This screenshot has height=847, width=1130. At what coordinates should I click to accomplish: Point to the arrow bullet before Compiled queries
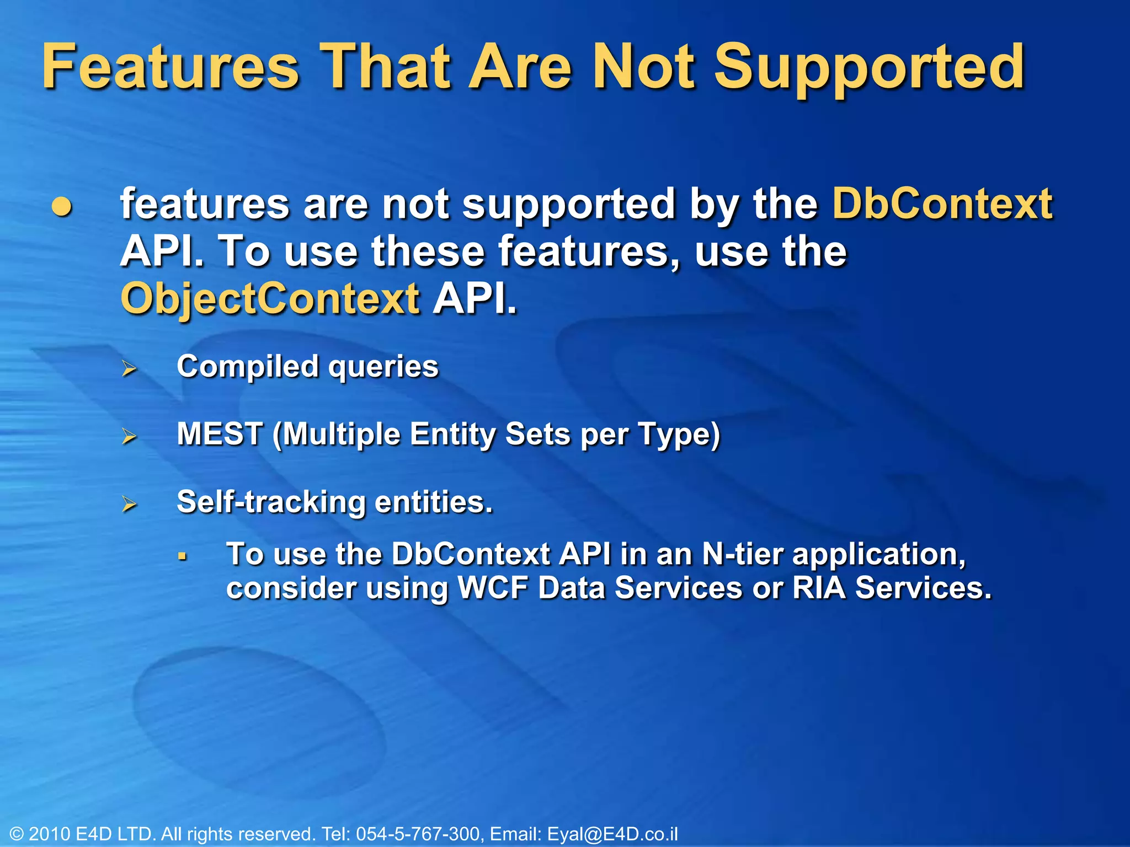point(130,368)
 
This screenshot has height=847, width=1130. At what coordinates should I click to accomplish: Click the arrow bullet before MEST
point(130,436)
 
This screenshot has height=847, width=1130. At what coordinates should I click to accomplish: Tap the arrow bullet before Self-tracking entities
point(130,503)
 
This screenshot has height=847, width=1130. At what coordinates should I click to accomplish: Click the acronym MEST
point(220,434)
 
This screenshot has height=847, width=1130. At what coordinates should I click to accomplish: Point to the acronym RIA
point(819,588)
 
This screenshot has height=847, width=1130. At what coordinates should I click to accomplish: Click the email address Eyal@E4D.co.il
point(612,834)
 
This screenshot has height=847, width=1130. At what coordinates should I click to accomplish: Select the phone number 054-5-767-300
point(418,834)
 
